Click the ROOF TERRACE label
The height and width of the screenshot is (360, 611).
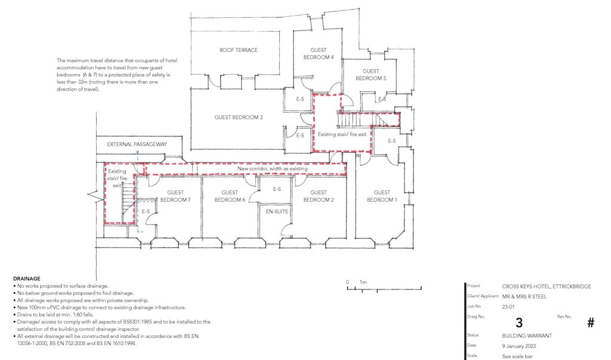click(238, 50)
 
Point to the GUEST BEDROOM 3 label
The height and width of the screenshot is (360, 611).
click(239, 118)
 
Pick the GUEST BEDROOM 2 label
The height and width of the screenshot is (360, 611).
click(319, 196)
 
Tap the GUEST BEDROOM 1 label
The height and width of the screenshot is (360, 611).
click(382, 196)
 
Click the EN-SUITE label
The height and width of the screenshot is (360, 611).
click(276, 211)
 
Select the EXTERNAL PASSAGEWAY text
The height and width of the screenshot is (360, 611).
click(137, 144)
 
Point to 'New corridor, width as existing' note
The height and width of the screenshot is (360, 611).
click(273, 169)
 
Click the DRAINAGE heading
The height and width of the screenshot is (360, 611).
click(26, 279)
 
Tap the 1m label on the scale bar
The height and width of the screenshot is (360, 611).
click(363, 282)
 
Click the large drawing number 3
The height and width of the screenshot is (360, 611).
click(519, 322)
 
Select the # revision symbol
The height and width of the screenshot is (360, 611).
click(591, 322)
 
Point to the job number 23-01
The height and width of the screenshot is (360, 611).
click(508, 306)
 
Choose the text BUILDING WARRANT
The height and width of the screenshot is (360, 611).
click(527, 336)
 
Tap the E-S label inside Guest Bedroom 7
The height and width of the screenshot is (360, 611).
click(146, 211)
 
